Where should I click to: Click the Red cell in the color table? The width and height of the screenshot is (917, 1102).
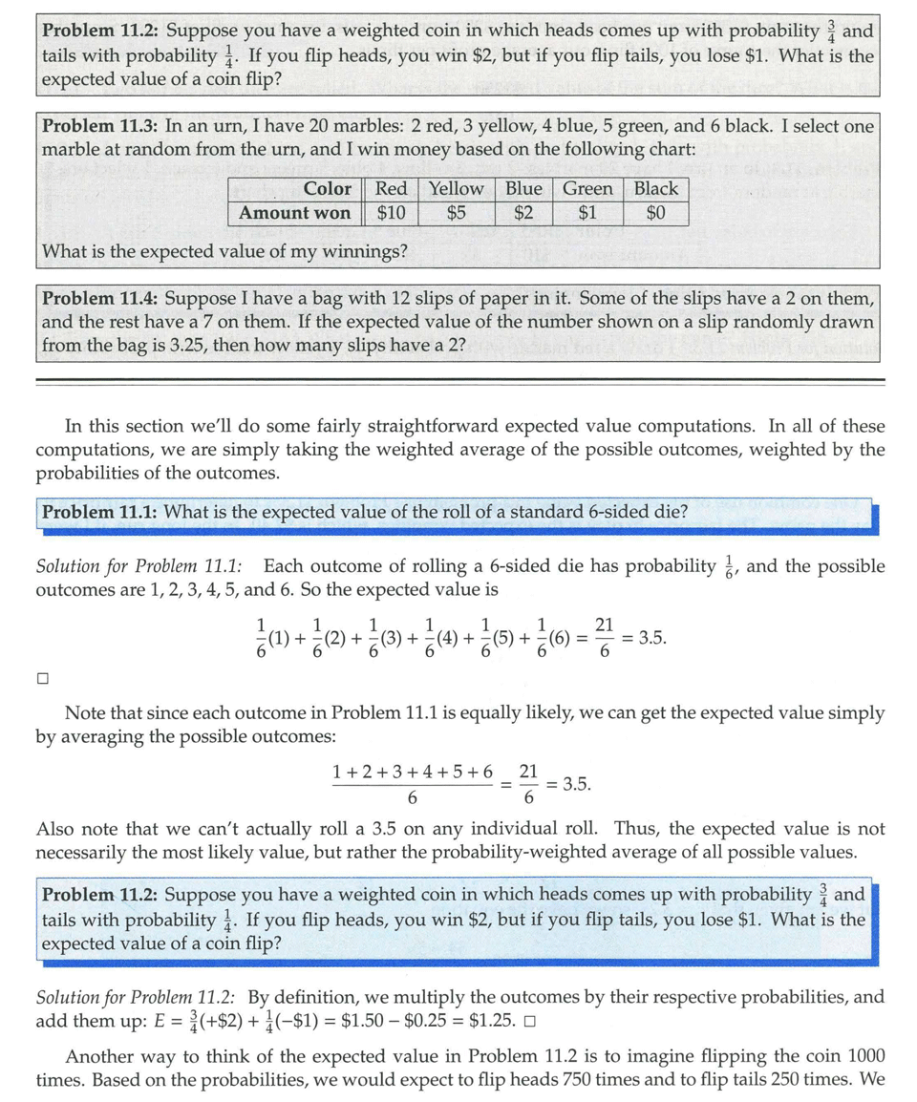pos(391,189)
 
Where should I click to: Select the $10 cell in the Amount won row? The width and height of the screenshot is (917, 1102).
pos(391,213)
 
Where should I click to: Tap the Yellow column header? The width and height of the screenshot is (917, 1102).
pos(456,189)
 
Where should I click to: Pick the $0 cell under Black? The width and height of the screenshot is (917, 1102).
pos(655,213)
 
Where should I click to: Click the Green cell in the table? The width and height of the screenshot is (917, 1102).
pos(587,189)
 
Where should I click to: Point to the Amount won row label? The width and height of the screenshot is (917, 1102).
pos(294,213)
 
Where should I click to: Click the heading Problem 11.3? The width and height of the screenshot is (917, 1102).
pos(101,125)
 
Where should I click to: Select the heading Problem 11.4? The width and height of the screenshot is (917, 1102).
pos(101,298)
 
